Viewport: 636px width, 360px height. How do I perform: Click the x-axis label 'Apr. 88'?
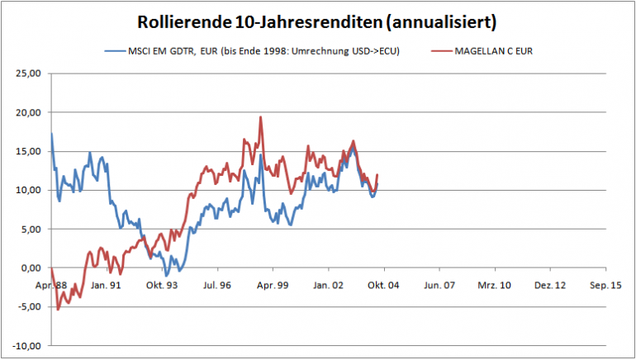click(x=51, y=284)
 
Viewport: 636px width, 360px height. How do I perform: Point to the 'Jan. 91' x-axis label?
click(x=107, y=284)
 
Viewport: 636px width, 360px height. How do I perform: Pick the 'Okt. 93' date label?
click(x=162, y=284)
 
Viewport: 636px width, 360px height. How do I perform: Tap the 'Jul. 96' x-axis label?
click(x=217, y=284)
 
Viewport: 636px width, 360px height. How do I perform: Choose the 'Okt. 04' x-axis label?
click(x=384, y=284)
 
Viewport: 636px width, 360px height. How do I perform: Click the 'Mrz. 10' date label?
click(x=495, y=284)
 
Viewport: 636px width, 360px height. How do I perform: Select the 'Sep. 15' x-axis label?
click(x=605, y=284)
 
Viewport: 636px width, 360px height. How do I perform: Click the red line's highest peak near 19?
click(x=261, y=117)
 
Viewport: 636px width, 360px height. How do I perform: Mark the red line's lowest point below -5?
click(x=58, y=310)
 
